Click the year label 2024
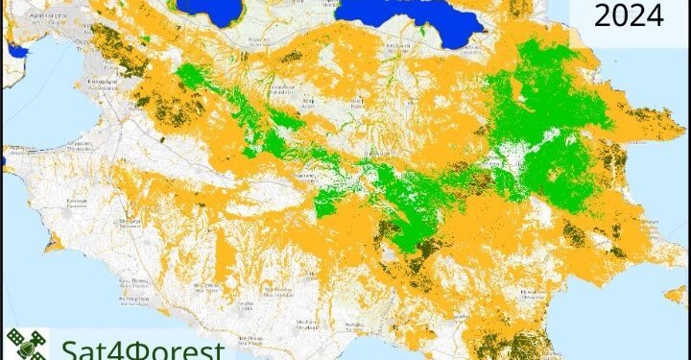(x=629, y=15)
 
